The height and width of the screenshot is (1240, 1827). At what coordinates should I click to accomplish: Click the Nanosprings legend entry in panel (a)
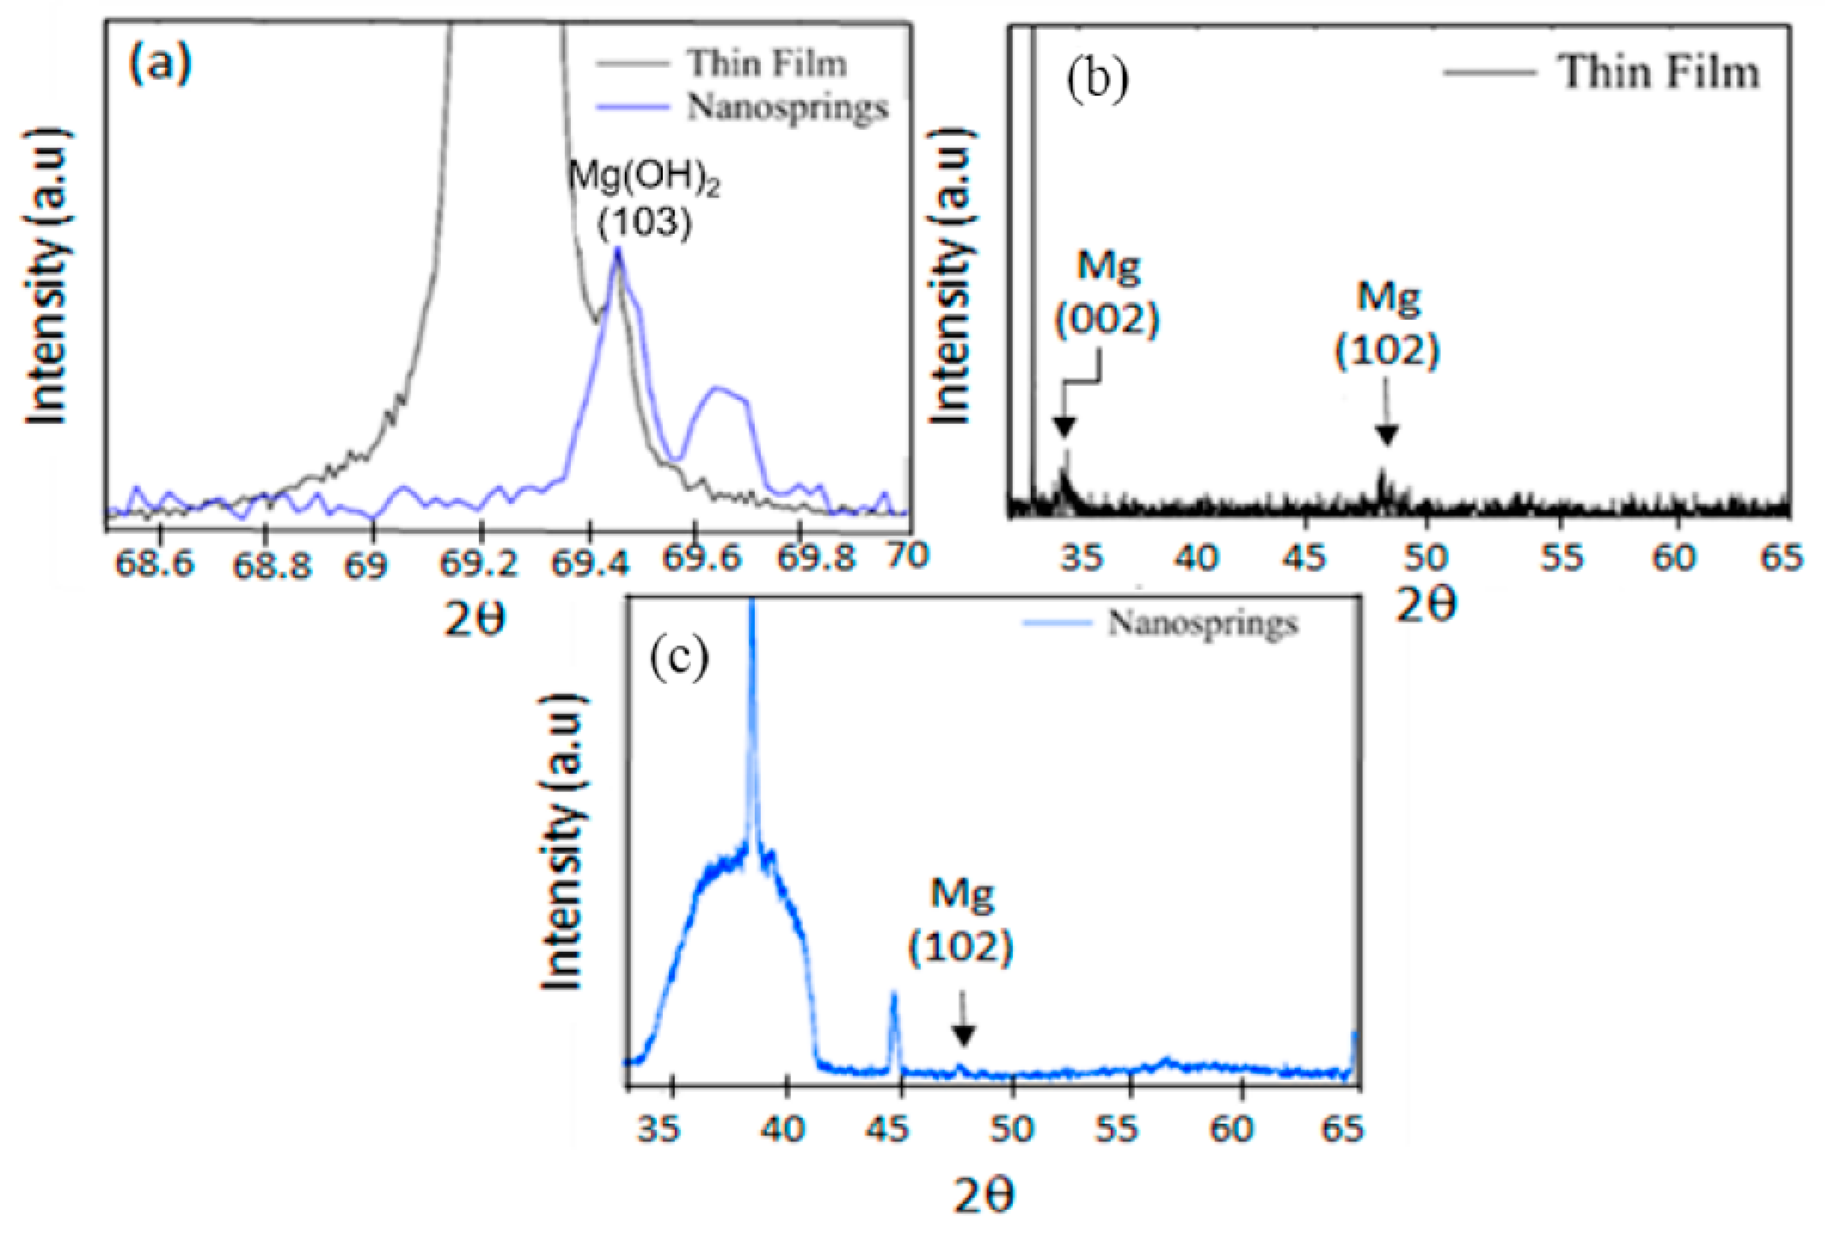(x=787, y=107)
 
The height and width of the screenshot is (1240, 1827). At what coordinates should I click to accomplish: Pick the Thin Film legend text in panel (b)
(x=1658, y=72)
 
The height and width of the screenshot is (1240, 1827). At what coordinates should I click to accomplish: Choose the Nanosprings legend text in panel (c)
(x=1202, y=623)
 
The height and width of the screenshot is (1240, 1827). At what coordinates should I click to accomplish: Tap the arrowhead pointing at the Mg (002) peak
(x=1064, y=427)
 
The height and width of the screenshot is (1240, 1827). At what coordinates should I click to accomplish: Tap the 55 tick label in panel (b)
(x=1560, y=558)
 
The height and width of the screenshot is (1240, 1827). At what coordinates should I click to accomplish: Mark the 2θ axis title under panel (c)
(x=983, y=1196)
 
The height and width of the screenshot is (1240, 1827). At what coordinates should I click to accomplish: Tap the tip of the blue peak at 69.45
(x=618, y=250)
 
